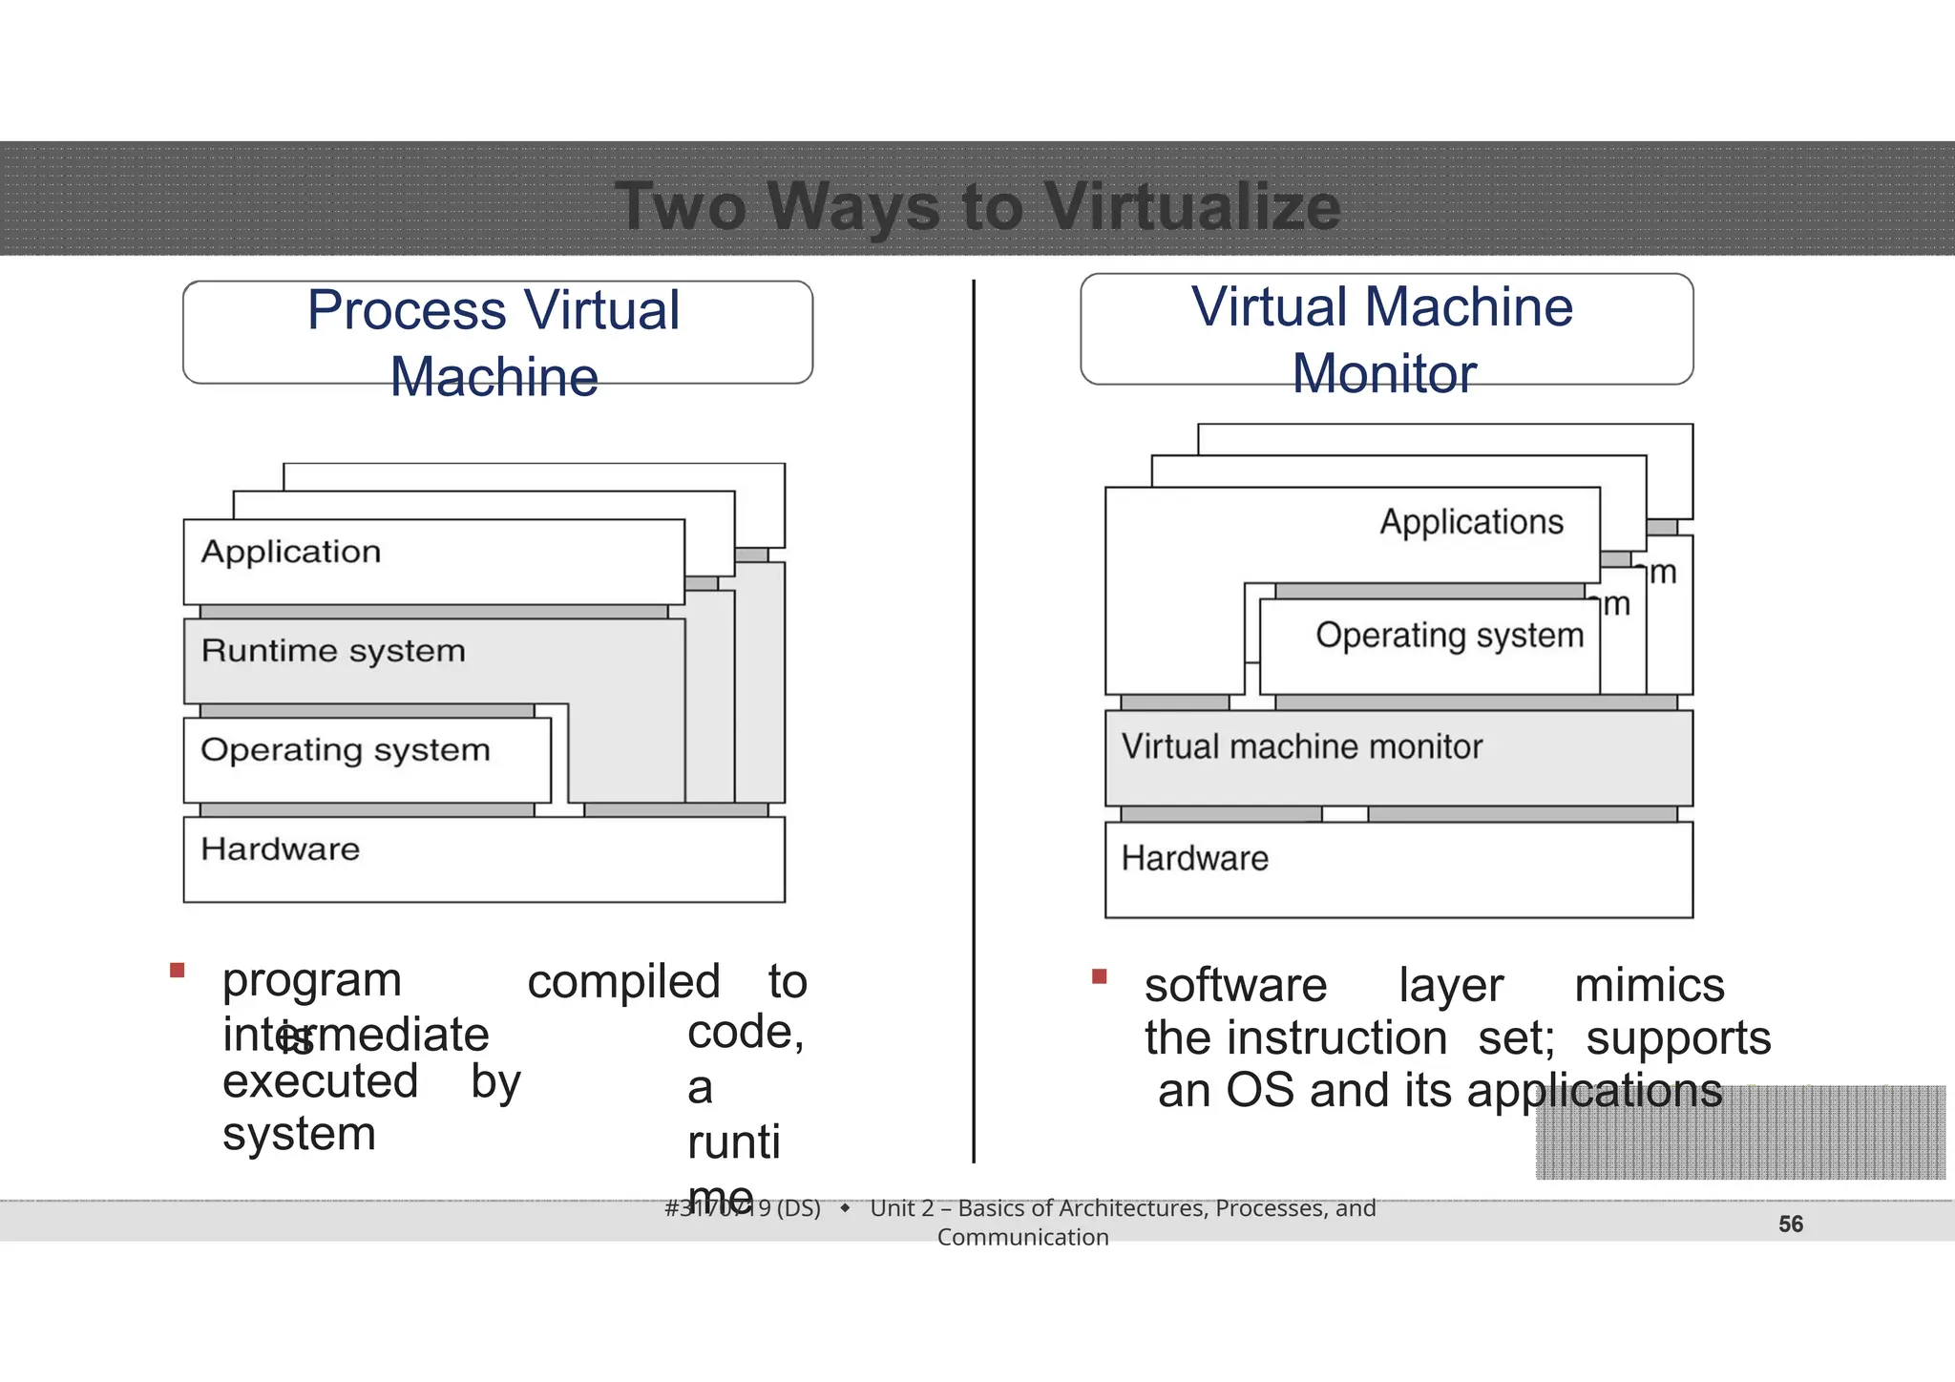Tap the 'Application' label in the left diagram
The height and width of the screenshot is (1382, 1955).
[x=291, y=552]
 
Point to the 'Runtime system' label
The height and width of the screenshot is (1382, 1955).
[x=333, y=651]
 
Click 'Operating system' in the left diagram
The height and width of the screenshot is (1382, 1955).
[x=345, y=750]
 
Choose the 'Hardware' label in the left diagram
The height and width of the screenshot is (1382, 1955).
[x=281, y=849]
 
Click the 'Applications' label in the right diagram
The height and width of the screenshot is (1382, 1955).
[x=1471, y=522]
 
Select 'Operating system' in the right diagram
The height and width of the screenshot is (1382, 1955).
[x=1449, y=636]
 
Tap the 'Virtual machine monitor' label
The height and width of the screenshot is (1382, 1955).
[x=1302, y=746]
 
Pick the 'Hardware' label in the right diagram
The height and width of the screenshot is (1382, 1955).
[x=1194, y=859]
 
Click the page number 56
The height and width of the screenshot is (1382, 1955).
[x=1791, y=1225]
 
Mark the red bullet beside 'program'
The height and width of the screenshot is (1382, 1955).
[x=177, y=971]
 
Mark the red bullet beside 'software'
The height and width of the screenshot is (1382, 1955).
[x=1099, y=976]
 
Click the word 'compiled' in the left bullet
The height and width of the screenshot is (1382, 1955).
[x=623, y=982]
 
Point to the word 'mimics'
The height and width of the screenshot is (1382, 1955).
[x=1649, y=985]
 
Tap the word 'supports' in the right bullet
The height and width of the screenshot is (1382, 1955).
[x=1678, y=1038]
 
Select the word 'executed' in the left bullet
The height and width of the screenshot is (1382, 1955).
[x=320, y=1082]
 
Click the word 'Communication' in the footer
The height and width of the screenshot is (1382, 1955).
[x=1022, y=1238]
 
